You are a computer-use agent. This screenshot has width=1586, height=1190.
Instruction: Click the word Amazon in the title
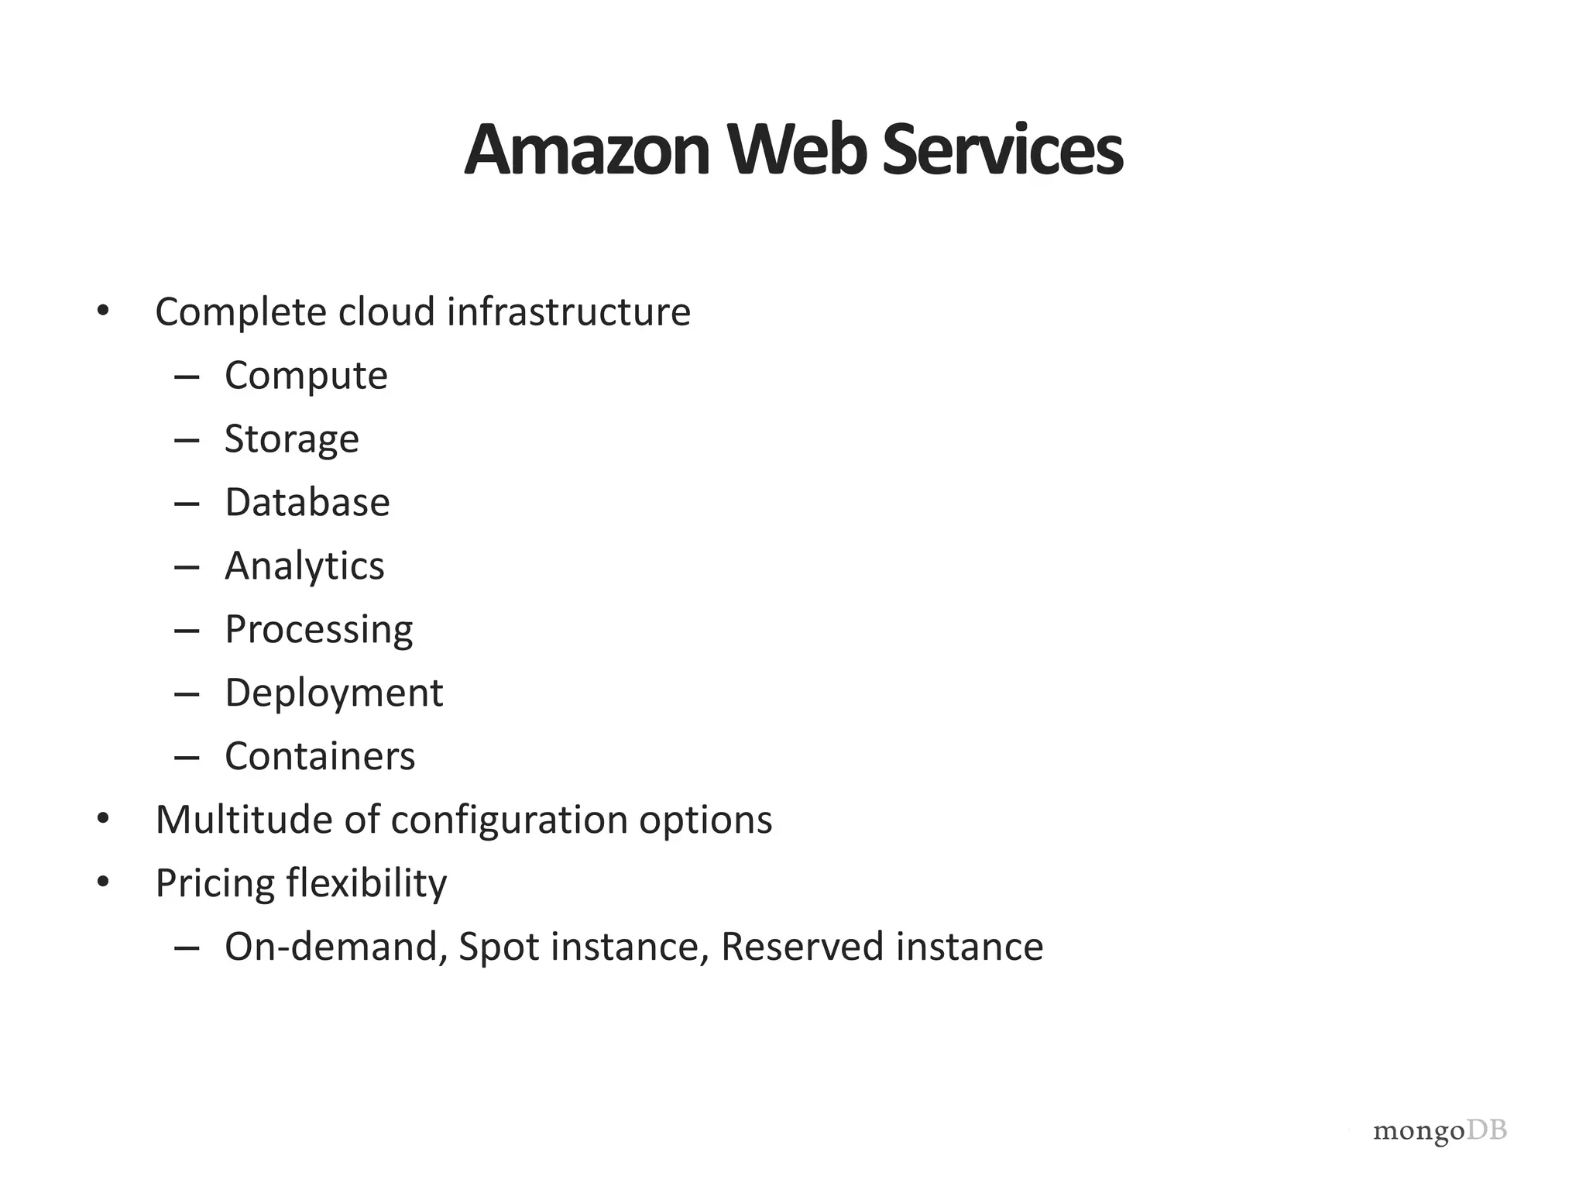(587, 150)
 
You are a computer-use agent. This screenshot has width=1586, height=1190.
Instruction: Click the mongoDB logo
(1440, 1132)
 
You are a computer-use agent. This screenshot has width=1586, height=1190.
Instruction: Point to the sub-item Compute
(306, 377)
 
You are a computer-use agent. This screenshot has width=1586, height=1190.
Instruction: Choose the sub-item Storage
(292, 440)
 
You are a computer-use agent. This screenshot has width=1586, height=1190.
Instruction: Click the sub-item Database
(307, 503)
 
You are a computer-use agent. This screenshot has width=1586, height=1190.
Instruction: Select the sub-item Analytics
(304, 566)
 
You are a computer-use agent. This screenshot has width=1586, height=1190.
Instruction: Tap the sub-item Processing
(318, 630)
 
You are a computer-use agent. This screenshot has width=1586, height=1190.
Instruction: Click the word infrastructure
(568, 312)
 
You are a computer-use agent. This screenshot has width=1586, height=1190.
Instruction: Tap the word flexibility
(366, 884)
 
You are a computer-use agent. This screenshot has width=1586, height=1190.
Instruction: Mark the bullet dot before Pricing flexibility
(103, 882)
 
